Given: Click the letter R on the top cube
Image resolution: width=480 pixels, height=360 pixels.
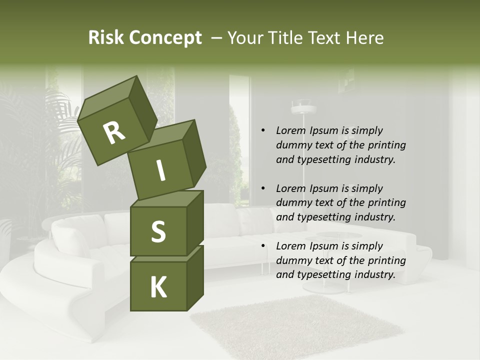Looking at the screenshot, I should [114, 133].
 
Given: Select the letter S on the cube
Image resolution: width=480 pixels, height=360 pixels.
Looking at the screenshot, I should [158, 231].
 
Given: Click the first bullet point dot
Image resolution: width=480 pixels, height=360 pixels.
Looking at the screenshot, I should [263, 130].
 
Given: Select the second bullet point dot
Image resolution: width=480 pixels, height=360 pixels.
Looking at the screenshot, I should [263, 188].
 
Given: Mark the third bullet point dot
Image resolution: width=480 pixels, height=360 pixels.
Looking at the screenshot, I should [263, 246].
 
